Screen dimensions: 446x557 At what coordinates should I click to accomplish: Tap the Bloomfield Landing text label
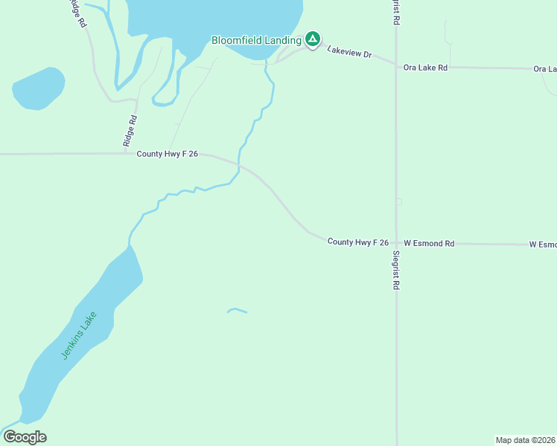click(x=256, y=39)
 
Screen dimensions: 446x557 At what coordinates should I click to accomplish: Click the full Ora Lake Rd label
click(x=425, y=68)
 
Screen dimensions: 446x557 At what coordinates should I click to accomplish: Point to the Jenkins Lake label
click(x=75, y=337)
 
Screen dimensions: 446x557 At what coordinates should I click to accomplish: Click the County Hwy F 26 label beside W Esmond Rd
click(x=358, y=242)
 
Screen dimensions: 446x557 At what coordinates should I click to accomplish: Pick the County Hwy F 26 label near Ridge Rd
click(x=167, y=154)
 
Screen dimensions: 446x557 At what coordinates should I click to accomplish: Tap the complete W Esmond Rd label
click(x=429, y=243)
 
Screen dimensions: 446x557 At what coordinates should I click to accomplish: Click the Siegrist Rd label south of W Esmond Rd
click(x=396, y=269)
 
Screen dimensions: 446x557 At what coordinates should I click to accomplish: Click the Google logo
click(x=25, y=436)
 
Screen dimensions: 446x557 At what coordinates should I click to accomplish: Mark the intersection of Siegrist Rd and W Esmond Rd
click(x=396, y=243)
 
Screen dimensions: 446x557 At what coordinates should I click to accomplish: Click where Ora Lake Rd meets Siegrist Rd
click(x=396, y=66)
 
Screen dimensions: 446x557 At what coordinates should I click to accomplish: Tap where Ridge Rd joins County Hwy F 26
click(x=125, y=154)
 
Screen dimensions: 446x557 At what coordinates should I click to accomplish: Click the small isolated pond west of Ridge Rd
click(x=38, y=88)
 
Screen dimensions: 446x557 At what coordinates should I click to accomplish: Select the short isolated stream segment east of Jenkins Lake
click(x=237, y=310)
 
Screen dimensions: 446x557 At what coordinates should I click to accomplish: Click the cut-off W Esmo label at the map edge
click(x=543, y=244)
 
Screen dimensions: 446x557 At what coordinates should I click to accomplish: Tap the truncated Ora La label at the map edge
click(x=545, y=69)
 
